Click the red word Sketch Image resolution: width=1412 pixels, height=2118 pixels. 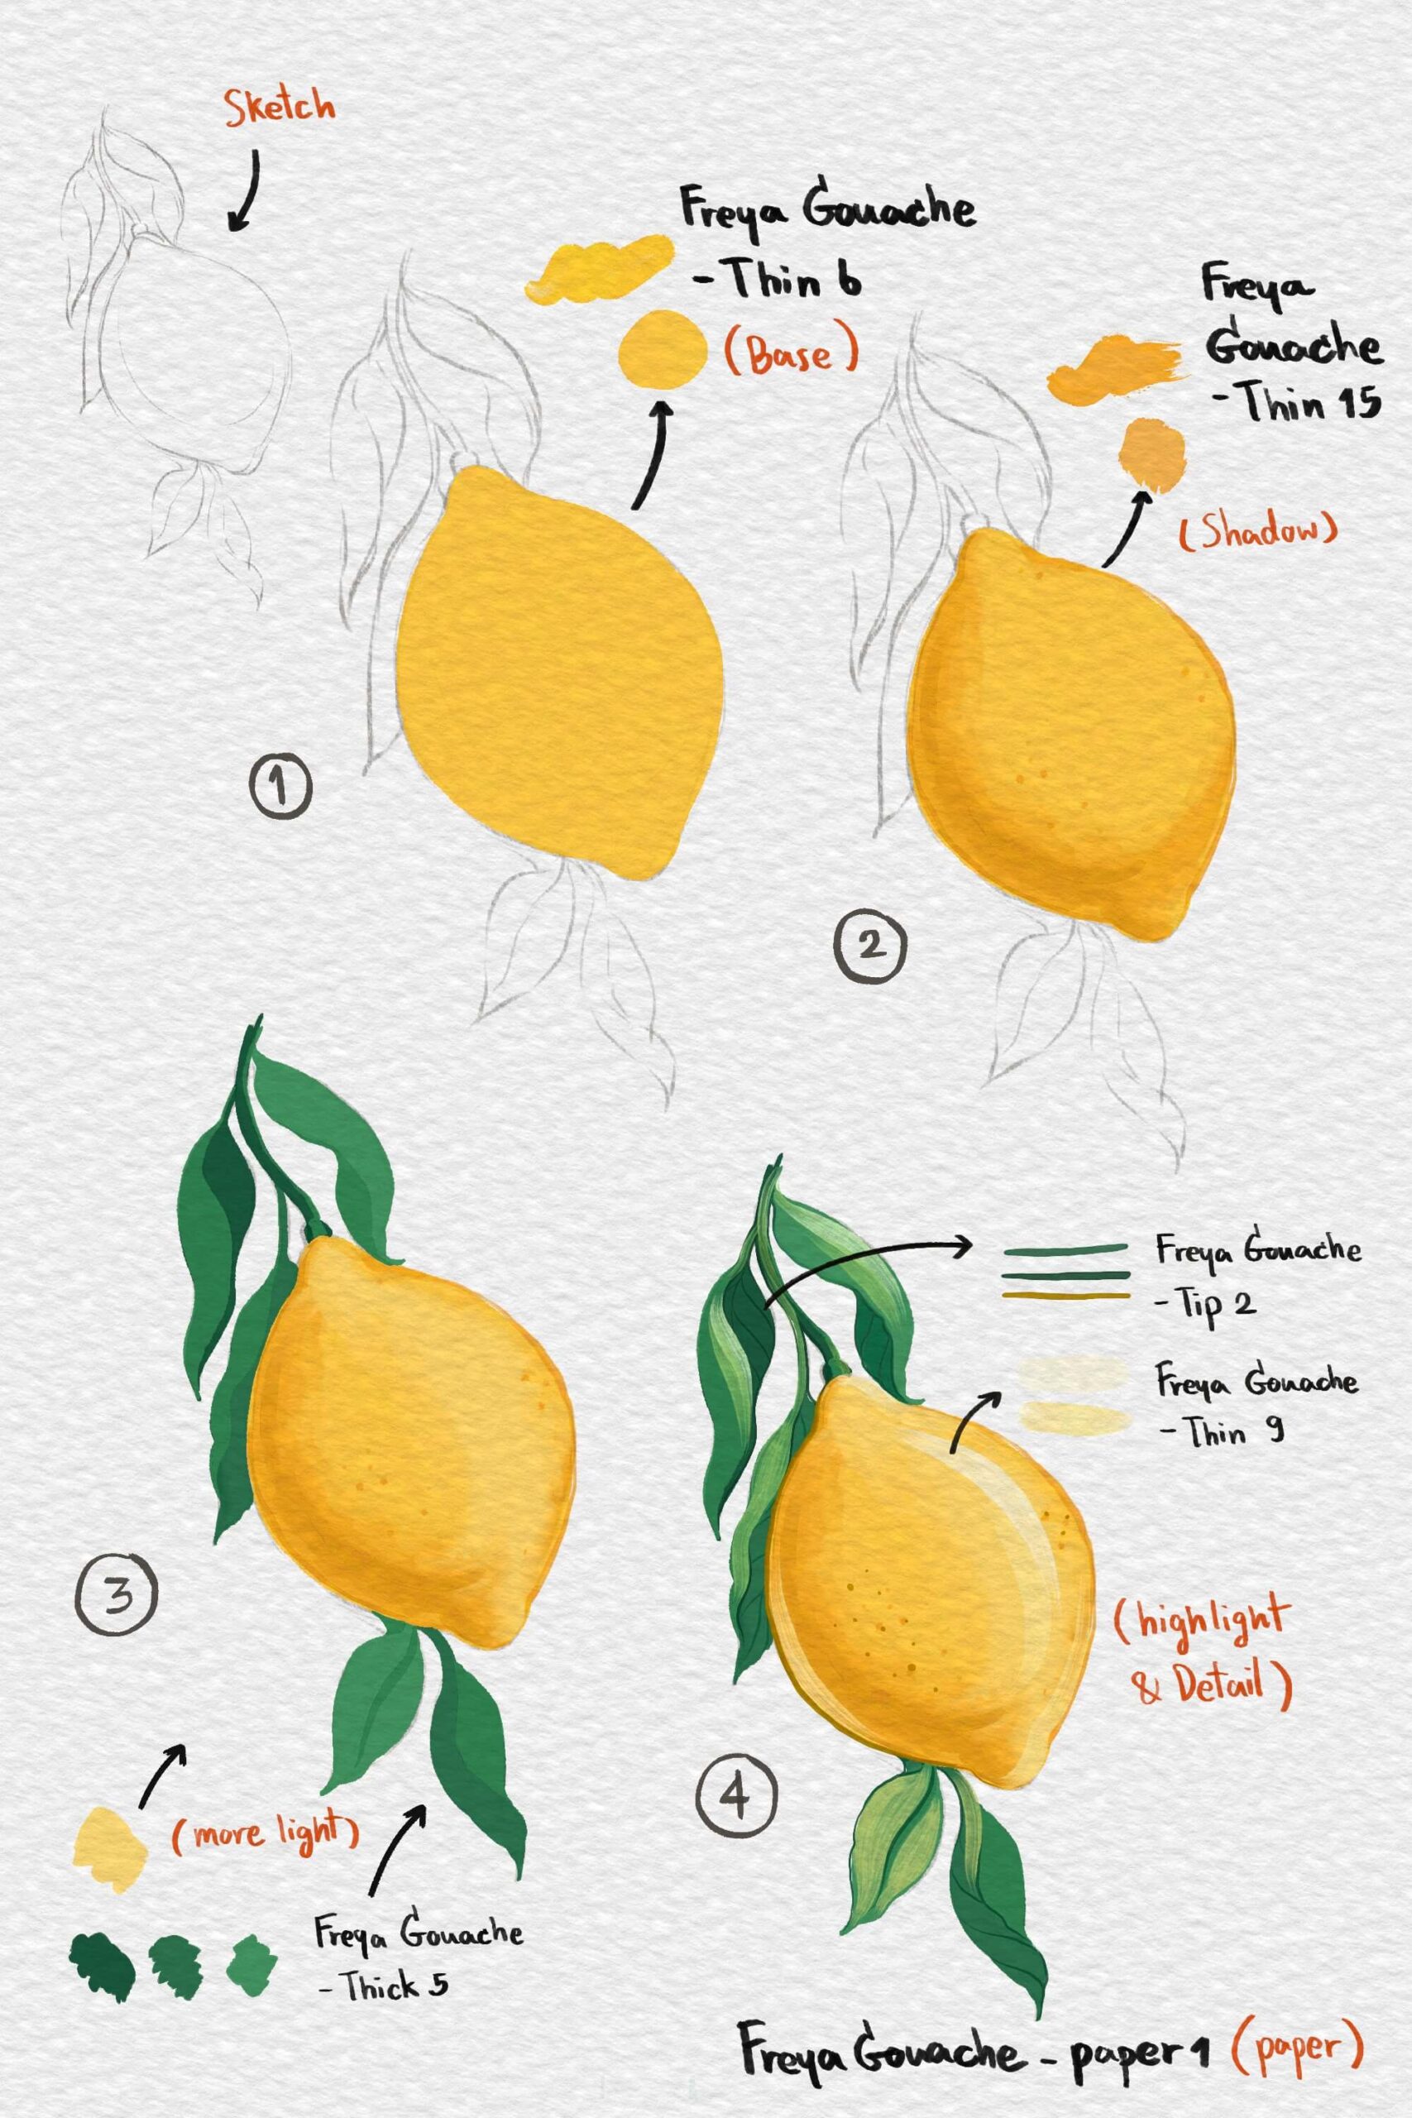point(279,108)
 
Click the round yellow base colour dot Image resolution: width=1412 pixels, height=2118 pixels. point(663,348)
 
